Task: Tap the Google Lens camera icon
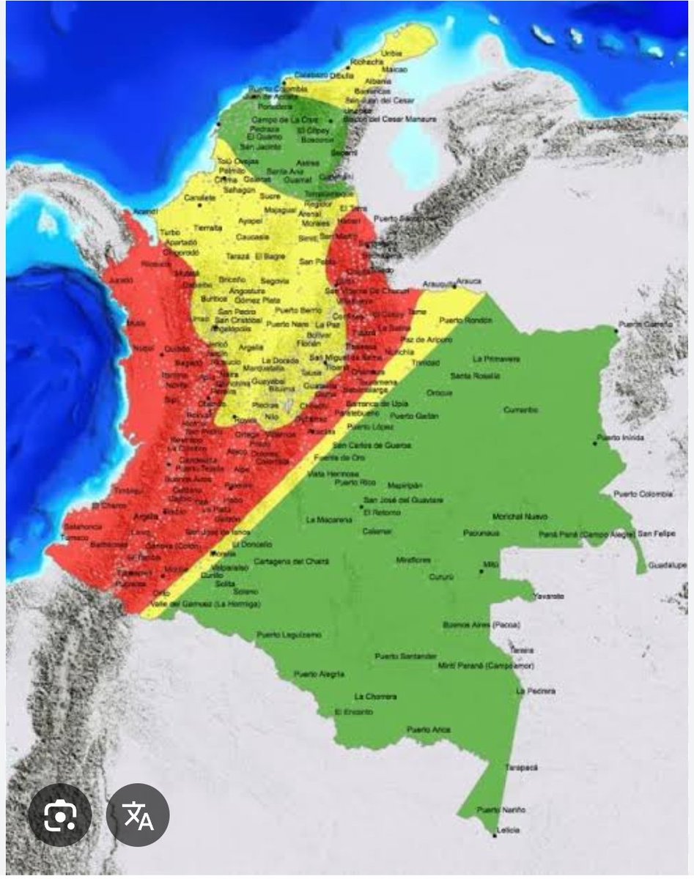[59, 815]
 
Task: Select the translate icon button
[138, 815]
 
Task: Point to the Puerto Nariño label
[501, 809]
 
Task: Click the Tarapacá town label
[521, 767]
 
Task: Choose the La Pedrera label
[536, 691]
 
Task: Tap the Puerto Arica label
[429, 730]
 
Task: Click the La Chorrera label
[375, 696]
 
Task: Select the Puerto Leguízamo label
[288, 634]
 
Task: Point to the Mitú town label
[491, 565]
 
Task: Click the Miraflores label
[413, 560]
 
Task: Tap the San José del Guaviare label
[403, 500]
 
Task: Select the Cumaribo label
[520, 410]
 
